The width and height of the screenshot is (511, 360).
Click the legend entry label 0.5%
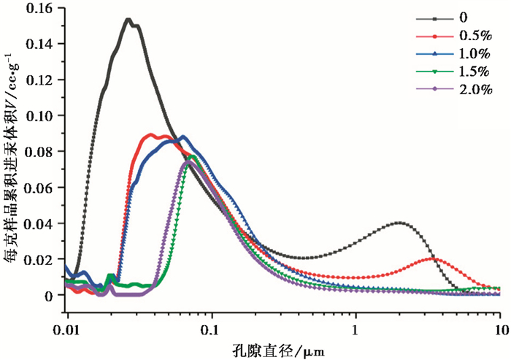click(x=477, y=34)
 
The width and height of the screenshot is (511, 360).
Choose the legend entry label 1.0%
click(x=477, y=53)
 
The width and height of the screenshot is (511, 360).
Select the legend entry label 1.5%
click(x=477, y=71)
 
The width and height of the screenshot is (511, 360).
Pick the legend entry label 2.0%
click(x=477, y=89)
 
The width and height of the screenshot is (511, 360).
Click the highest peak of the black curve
click(x=128, y=20)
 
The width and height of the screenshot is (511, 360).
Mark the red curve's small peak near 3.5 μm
click(x=434, y=259)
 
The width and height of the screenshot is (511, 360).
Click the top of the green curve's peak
click(x=193, y=156)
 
